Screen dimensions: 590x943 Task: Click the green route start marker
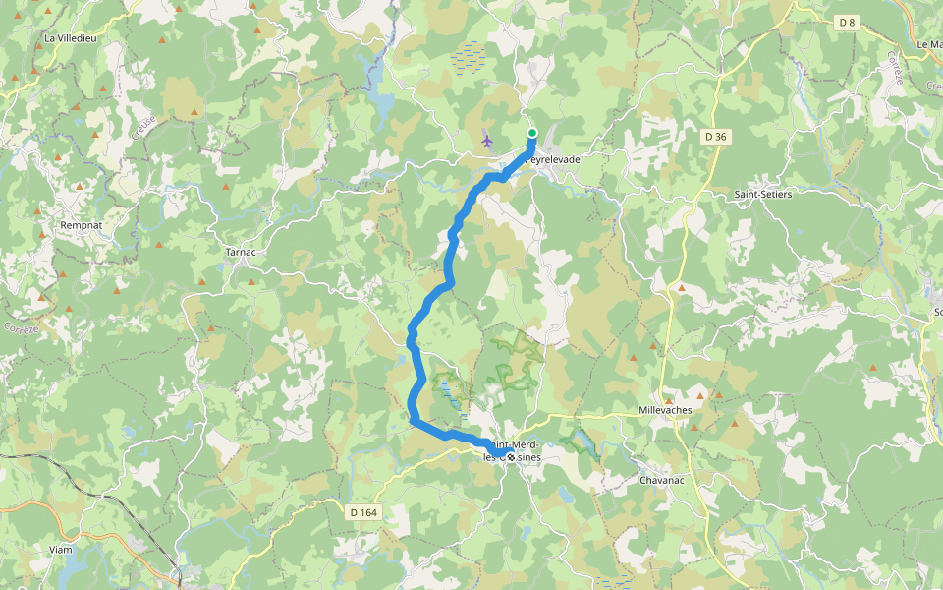click(532, 133)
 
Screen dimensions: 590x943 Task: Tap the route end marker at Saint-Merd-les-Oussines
click(511, 456)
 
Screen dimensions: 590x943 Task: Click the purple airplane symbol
click(487, 140)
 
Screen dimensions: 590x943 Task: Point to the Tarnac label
click(241, 252)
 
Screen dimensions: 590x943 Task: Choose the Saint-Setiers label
click(763, 195)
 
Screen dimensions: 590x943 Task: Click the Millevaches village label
click(665, 410)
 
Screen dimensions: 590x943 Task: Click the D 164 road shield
click(363, 511)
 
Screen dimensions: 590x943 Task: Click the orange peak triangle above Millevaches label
click(682, 289)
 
